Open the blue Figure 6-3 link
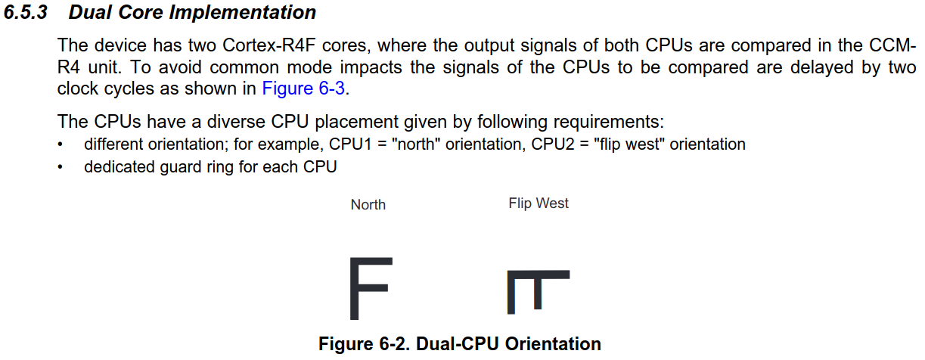click(x=303, y=88)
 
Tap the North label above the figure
click(x=368, y=205)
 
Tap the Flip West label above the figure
click(x=539, y=203)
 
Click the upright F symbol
click(x=370, y=288)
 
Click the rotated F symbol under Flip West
click(x=537, y=291)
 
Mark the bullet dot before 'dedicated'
click(x=61, y=167)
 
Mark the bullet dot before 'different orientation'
click(x=61, y=144)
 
